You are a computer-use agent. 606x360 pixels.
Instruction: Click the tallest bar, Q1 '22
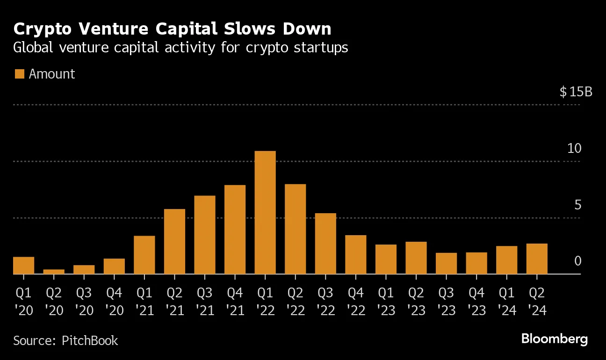[265, 212]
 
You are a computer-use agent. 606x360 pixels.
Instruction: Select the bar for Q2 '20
[54, 272]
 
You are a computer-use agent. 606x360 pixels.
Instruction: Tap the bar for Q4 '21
[235, 229]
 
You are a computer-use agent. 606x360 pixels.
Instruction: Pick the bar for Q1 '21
[144, 255]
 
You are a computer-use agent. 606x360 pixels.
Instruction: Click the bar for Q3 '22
[325, 243]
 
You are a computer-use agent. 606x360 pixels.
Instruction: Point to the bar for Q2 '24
[537, 259]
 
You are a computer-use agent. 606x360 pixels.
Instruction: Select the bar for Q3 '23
[446, 263]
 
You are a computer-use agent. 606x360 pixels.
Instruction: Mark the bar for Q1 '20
[23, 265]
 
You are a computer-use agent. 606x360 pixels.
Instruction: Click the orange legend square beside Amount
[19, 74]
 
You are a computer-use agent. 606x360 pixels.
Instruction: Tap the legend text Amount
[52, 74]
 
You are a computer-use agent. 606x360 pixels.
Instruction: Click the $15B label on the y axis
[576, 92]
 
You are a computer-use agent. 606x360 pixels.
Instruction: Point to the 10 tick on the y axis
[574, 149]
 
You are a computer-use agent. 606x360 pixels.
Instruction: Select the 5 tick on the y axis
[577, 205]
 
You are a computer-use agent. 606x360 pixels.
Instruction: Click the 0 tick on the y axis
[577, 261]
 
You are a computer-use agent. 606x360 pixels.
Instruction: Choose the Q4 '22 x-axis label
[356, 302]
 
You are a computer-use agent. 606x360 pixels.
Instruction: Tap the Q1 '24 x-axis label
[506, 302]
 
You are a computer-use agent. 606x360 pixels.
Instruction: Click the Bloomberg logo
[554, 339]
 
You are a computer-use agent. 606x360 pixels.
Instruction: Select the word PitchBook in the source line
[90, 340]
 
